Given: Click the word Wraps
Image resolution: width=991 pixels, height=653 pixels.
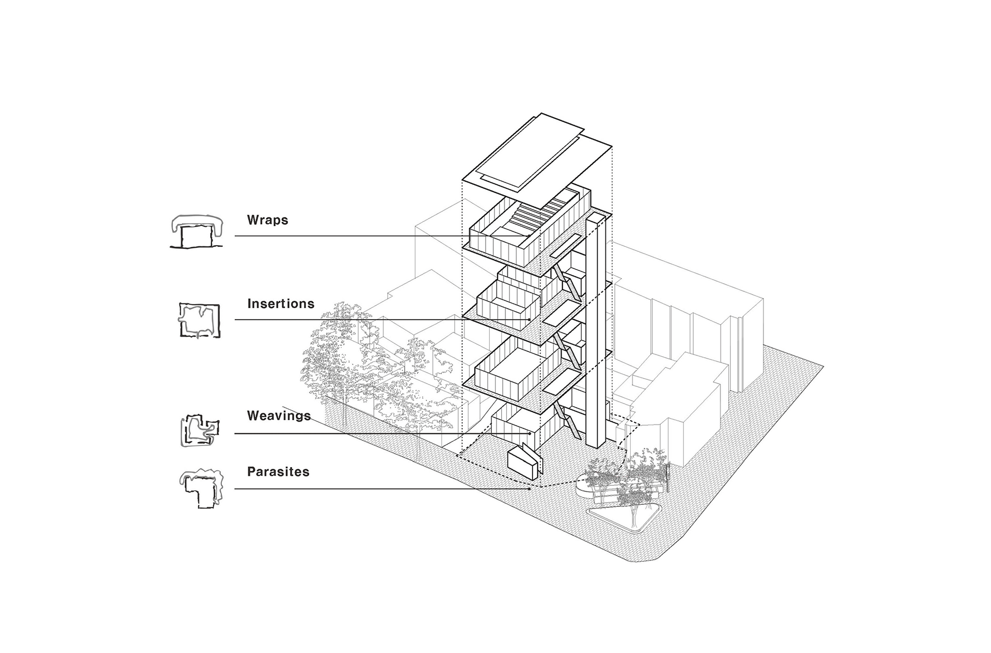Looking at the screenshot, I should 267,220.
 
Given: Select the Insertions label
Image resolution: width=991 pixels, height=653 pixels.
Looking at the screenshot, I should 281,304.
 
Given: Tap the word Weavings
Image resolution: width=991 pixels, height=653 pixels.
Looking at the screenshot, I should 279,416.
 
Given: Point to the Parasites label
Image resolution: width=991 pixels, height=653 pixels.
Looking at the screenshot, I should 278,472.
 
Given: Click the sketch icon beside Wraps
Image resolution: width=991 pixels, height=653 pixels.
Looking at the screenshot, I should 197,231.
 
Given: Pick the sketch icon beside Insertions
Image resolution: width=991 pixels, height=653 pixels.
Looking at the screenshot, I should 199,320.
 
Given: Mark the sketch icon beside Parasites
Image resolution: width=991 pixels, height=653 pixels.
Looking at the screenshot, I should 201,487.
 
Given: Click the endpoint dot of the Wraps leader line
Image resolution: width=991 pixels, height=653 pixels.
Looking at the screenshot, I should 527,236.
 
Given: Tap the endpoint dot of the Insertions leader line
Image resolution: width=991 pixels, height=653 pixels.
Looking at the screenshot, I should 530,320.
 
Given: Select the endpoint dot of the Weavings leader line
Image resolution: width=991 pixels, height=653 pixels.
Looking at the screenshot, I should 530,434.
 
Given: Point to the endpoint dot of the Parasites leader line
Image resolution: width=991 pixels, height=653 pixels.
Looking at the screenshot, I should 530,489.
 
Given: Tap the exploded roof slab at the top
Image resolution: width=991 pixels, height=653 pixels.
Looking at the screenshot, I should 537,155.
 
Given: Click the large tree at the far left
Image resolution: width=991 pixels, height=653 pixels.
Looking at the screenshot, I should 335,351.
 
